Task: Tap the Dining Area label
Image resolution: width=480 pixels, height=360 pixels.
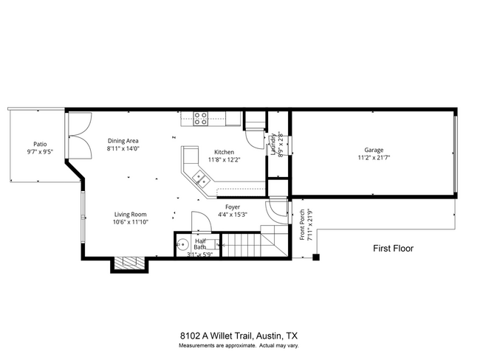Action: click(123, 140)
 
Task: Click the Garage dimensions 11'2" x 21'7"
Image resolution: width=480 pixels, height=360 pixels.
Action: click(374, 157)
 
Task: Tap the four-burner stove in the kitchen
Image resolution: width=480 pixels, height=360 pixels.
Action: click(199, 118)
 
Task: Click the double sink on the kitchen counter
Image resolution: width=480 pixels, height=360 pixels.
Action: click(199, 177)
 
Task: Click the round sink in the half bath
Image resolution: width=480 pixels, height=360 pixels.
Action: click(182, 245)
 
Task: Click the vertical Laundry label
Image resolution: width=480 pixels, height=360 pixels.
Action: click(272, 144)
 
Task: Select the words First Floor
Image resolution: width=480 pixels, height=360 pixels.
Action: click(393, 249)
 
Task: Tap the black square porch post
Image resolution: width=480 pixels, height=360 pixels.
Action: click(316, 257)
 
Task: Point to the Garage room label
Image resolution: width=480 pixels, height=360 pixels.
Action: click(374, 150)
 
